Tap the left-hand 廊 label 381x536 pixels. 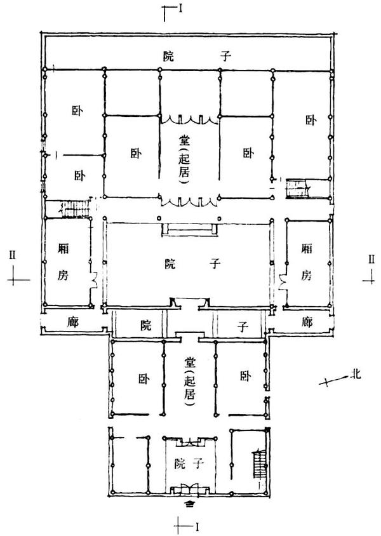click(x=72, y=322)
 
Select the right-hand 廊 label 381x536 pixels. click(x=307, y=322)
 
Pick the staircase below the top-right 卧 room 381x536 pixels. click(x=297, y=188)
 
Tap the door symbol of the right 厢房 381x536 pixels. click(x=282, y=278)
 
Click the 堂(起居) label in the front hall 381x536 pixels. click(x=189, y=380)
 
